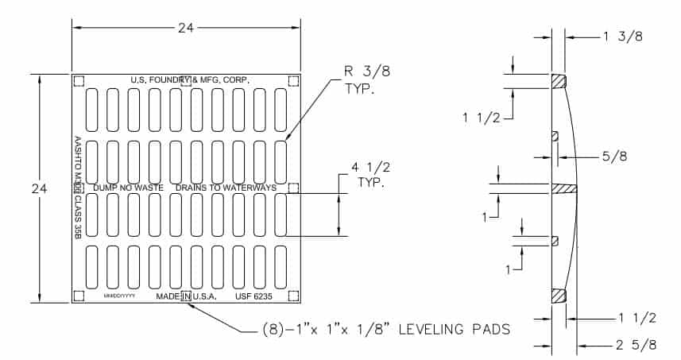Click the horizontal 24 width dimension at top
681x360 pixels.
point(186,27)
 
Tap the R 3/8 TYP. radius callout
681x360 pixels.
point(360,79)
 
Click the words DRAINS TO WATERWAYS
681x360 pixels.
point(226,188)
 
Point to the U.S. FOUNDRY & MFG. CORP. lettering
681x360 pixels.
point(191,80)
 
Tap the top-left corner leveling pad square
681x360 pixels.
point(79,81)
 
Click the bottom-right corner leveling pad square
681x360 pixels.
point(293,296)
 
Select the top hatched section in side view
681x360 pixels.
point(559,81)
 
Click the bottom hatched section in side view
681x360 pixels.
point(559,295)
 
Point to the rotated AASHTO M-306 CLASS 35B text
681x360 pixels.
point(78,187)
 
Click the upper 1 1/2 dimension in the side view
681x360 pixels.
point(482,118)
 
